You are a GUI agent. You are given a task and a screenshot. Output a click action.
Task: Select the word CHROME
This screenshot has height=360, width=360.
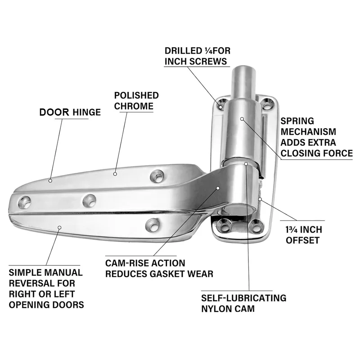point(134,106)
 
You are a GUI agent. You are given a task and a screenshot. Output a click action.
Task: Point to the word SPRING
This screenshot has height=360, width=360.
point(297,121)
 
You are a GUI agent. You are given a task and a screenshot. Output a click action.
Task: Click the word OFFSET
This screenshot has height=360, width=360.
point(303,240)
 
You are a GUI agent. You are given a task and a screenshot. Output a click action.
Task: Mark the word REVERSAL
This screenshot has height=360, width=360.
point(32,283)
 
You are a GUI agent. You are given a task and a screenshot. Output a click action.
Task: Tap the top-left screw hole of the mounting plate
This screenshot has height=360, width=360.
point(221,106)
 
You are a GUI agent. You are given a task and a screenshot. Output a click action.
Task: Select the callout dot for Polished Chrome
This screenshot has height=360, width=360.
point(115,173)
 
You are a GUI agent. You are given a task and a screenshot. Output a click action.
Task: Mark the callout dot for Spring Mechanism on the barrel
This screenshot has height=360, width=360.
point(242,119)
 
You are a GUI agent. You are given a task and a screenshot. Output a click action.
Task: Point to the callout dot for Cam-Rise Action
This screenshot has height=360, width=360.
point(217,189)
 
